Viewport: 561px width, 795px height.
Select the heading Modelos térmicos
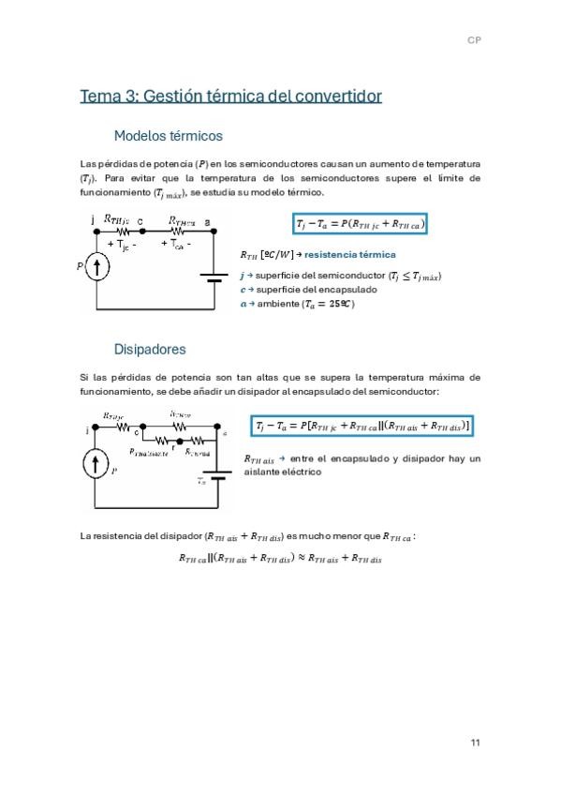click(168, 135)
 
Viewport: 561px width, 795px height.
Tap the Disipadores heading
click(149, 350)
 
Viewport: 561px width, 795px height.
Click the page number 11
click(475, 742)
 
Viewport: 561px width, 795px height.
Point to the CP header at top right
click(475, 40)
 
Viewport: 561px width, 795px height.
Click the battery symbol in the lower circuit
click(217, 475)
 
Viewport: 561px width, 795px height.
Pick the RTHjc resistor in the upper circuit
click(121, 231)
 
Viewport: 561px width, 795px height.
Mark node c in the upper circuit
click(140, 222)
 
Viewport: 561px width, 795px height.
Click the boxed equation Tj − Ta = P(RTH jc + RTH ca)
click(361, 224)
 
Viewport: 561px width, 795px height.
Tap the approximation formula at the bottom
click(280, 560)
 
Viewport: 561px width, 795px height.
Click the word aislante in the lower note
click(261, 472)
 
